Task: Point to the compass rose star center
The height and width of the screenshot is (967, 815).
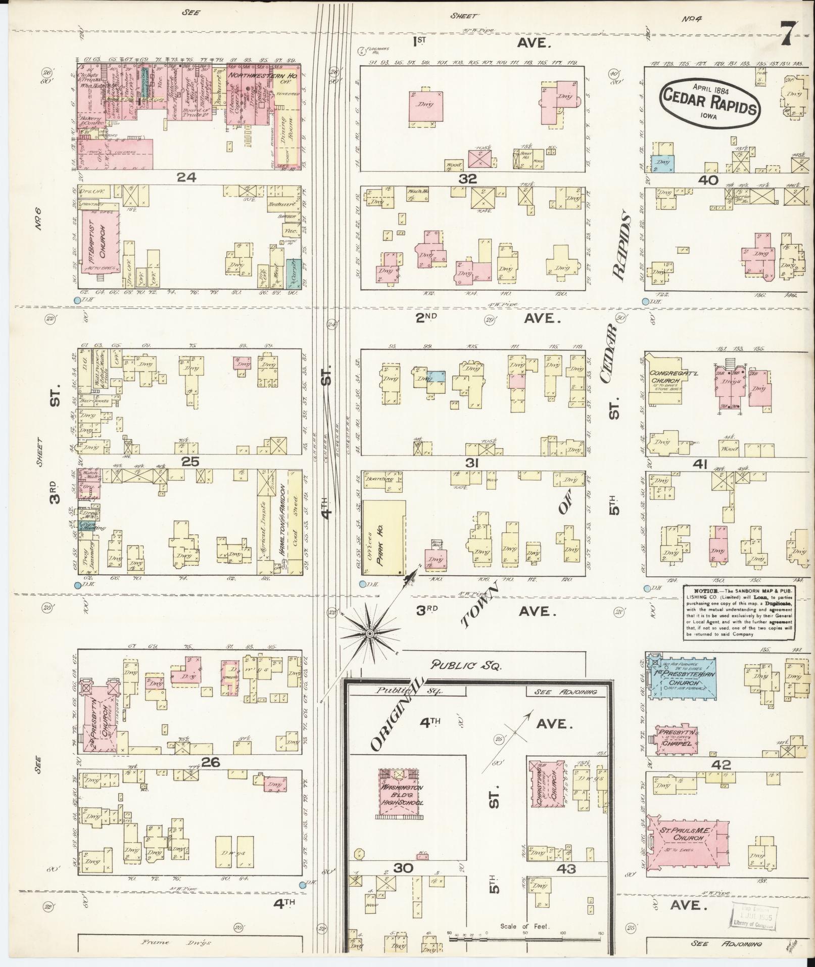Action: click(x=370, y=633)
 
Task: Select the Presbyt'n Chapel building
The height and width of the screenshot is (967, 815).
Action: click(x=678, y=737)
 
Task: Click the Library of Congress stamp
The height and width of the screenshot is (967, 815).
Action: click(x=750, y=912)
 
